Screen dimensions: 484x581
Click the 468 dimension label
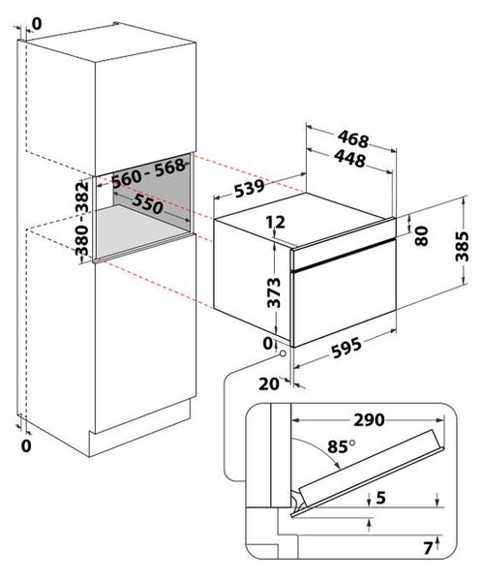click(353, 138)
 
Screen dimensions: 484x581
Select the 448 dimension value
click(350, 158)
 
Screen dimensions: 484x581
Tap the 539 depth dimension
click(249, 188)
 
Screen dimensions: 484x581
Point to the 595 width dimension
click(347, 348)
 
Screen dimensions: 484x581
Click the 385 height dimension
click(462, 246)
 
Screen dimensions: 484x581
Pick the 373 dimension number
click(274, 292)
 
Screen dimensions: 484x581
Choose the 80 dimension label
click(422, 236)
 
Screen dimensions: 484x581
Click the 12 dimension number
click(276, 222)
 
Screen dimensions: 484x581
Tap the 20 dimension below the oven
click(269, 383)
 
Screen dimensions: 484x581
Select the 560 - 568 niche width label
click(148, 173)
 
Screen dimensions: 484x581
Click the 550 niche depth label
click(147, 203)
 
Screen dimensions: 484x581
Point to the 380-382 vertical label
click(82, 219)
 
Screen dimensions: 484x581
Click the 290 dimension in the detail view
click(369, 420)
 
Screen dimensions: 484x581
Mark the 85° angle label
click(342, 446)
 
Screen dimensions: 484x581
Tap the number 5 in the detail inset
click(381, 498)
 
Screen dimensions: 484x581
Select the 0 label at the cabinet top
click(37, 23)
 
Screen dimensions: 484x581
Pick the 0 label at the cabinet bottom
click(26, 446)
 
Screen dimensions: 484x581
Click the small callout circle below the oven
click(283, 353)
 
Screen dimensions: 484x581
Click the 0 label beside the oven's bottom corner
click(267, 344)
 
